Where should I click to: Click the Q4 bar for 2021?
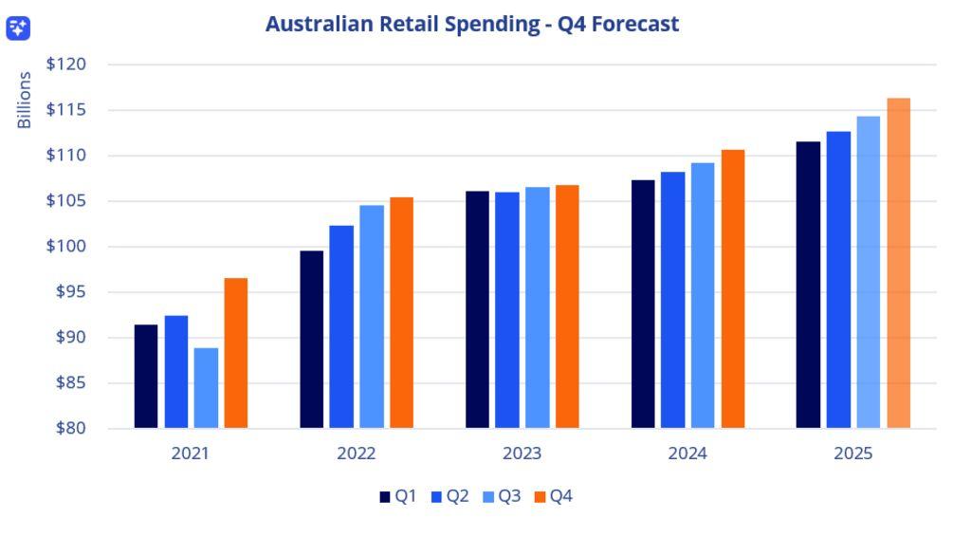(x=236, y=353)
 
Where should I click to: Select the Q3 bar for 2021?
(x=206, y=388)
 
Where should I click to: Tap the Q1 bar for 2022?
(x=311, y=340)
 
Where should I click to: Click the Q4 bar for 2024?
(x=733, y=289)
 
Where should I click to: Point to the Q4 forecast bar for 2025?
(x=899, y=264)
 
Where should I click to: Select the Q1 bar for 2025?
(x=808, y=285)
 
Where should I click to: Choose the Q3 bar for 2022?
(x=372, y=317)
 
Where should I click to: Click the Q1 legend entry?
(x=398, y=496)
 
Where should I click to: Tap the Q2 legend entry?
(x=450, y=496)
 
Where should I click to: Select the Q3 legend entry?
(x=503, y=496)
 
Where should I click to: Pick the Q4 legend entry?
(x=555, y=496)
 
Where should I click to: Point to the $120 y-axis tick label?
(x=65, y=65)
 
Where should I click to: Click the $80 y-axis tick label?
(x=69, y=428)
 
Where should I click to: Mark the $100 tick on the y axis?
(x=65, y=247)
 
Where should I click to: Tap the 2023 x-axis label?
(x=522, y=454)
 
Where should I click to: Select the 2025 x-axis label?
(x=852, y=454)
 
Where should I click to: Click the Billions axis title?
(x=25, y=101)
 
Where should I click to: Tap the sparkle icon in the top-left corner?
(x=19, y=28)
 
